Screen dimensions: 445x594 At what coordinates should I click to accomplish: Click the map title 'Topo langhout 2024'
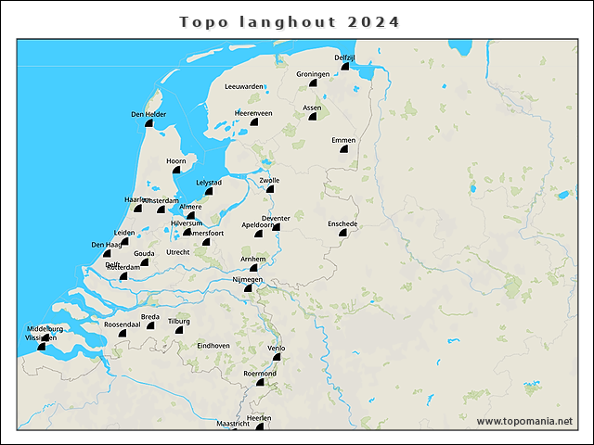click(290, 21)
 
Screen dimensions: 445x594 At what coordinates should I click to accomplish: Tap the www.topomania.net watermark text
click(524, 422)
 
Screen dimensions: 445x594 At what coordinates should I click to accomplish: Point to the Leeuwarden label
click(244, 86)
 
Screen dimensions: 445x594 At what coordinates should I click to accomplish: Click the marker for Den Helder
click(149, 124)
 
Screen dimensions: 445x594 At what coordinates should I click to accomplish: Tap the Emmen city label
click(343, 140)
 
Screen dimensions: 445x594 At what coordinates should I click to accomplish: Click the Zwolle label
click(269, 180)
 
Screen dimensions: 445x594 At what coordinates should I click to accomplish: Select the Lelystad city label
click(209, 183)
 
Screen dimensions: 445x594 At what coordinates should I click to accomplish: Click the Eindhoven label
click(213, 345)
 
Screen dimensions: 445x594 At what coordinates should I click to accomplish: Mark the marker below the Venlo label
click(276, 357)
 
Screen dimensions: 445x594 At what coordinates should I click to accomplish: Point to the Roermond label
click(260, 373)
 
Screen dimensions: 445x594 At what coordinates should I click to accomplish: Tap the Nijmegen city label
click(248, 279)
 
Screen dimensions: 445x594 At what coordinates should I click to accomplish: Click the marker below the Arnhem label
click(253, 269)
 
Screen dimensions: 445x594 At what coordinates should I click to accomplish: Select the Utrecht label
click(178, 252)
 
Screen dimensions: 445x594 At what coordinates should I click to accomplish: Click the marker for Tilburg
click(179, 330)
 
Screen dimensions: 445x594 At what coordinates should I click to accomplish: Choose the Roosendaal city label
click(122, 324)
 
